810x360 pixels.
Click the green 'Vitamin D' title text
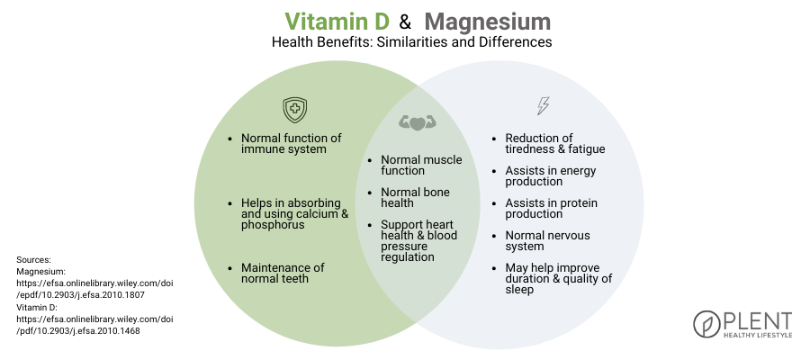336,21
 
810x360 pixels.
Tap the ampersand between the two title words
405,22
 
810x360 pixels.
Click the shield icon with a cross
294,110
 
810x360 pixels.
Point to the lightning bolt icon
542,106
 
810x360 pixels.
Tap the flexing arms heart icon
416,122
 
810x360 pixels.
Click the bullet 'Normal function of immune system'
291,144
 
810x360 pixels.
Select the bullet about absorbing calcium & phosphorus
293,212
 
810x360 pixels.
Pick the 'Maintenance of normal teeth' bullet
283,274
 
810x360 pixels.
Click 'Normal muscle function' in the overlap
420,166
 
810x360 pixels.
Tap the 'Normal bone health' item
415,198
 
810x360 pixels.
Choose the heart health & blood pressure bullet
418,240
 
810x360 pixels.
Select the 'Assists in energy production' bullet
550,176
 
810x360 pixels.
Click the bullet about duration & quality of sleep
558,279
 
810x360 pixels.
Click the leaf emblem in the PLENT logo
706,324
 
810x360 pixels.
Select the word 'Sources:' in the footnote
34,259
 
